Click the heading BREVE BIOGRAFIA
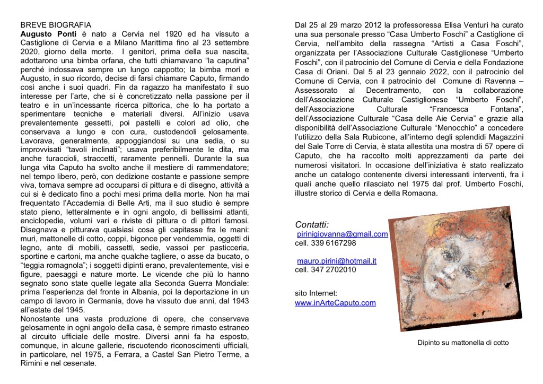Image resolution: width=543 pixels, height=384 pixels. coord(56,25)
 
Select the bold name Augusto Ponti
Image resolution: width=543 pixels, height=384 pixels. coord(45,34)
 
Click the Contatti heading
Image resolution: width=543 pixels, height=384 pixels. coord(312,224)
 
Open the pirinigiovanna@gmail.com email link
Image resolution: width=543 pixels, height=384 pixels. coord(343,234)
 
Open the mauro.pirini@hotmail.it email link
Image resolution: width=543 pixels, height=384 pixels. coord(337,260)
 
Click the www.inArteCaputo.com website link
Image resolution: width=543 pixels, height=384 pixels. coord(335,303)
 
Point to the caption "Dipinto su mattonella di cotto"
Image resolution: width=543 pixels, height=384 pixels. coord(463,343)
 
